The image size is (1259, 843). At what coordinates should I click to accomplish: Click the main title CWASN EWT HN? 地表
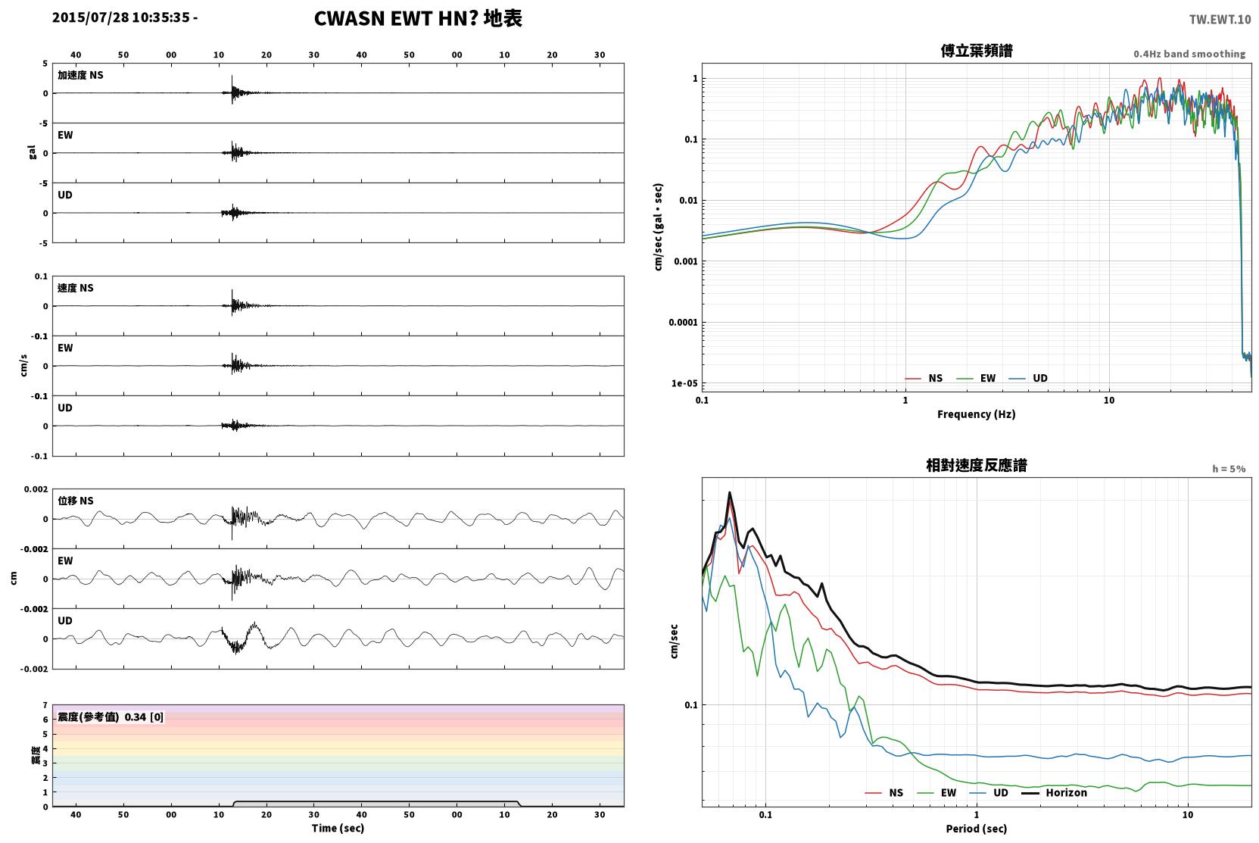coord(418,19)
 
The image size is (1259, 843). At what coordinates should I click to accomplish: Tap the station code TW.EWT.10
coord(1220,20)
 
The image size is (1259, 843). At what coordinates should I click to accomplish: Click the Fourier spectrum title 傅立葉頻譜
coord(977,52)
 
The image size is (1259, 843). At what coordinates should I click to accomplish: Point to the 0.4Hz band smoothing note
coord(1189,54)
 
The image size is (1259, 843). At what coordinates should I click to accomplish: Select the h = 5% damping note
coord(1229,468)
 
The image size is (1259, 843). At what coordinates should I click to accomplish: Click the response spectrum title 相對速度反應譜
coord(977,466)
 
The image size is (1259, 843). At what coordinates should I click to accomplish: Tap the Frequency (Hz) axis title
coord(977,414)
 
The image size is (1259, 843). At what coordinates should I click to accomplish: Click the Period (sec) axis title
coord(977,829)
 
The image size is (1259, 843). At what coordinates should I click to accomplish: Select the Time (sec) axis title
coord(338,828)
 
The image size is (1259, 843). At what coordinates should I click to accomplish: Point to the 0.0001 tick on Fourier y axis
coord(683,322)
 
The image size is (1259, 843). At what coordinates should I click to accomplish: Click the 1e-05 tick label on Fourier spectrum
coord(684,383)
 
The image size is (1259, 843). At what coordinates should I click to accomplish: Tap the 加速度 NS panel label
coord(80,75)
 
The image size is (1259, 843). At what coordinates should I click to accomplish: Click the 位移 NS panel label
coord(75,501)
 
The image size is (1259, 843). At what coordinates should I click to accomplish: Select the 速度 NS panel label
coord(75,288)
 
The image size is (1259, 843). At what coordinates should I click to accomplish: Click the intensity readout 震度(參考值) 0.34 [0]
coord(111,717)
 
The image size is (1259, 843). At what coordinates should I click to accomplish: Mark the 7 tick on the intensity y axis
coord(45,705)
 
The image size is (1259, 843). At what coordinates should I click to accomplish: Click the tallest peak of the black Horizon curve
coord(730,492)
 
